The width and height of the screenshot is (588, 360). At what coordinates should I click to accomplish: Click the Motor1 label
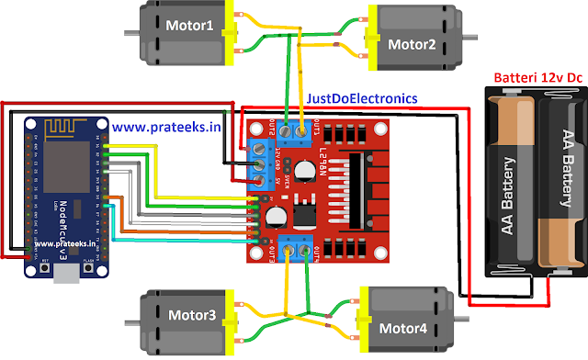click(x=188, y=26)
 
